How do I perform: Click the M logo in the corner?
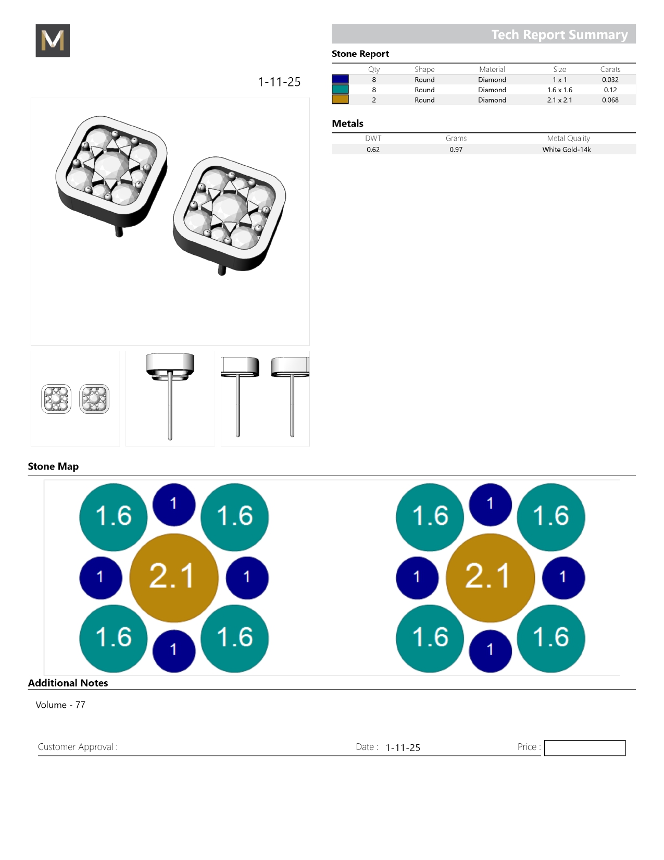coord(53,40)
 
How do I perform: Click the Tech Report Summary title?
coord(559,34)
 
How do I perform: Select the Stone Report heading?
coord(360,54)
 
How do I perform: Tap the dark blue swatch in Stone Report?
coord(340,79)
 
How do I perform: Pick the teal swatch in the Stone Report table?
coord(340,90)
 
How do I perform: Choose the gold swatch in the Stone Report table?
coord(340,100)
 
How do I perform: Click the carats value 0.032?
coord(610,80)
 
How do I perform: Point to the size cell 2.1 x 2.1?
coord(559,100)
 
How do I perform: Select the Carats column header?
coord(610,69)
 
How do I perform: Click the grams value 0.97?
coord(456,150)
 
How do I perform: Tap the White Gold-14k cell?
coord(566,150)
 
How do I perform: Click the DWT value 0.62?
coord(372,150)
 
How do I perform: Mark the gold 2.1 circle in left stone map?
coord(173,578)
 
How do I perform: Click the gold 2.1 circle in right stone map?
coord(490,578)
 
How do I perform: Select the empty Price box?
coord(584,747)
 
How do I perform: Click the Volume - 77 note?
coord(60,705)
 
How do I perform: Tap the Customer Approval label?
coord(78,746)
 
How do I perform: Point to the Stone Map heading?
coord(53,466)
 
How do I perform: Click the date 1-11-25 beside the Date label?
coord(403,747)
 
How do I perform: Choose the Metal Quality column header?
coord(568,138)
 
